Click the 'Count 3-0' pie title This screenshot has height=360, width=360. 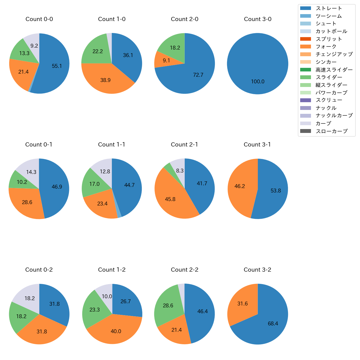258,19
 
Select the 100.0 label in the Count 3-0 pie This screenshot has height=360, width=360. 258,82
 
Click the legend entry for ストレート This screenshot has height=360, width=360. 329,8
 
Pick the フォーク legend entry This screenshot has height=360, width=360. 326,47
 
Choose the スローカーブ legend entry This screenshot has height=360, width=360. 331,131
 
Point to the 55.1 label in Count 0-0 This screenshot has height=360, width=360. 57,66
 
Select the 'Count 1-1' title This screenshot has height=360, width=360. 112,145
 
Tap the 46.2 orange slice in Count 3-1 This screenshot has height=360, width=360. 240,186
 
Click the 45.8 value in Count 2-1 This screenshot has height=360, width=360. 170,199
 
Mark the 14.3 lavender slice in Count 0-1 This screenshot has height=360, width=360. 31,172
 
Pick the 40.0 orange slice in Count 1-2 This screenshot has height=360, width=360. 116,331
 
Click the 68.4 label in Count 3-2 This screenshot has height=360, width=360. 273,324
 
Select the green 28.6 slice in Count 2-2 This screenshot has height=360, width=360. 168,306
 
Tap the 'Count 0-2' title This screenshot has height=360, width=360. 39,270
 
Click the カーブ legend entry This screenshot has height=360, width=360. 323,124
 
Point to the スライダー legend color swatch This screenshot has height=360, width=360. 305,77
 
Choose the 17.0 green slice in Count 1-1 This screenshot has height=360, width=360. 94,184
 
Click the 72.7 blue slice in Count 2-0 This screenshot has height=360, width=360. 198,75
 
